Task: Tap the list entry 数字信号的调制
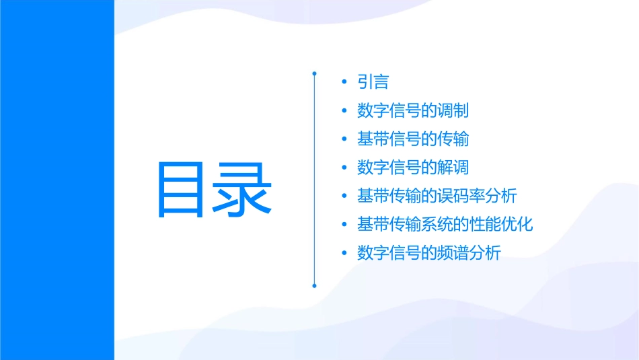pyautogui.click(x=413, y=111)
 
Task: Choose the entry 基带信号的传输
pyautogui.click(x=413, y=139)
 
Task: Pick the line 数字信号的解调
pyautogui.click(x=413, y=168)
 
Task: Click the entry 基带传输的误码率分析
pyautogui.click(x=437, y=196)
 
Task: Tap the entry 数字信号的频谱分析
pyautogui.click(x=428, y=253)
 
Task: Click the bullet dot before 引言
pyautogui.click(x=344, y=83)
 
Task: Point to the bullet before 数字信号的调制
pyautogui.click(x=344, y=111)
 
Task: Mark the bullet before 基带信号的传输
pyautogui.click(x=344, y=139)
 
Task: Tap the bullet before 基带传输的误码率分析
pyautogui.click(x=344, y=196)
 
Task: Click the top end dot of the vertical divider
pyautogui.click(x=314, y=72)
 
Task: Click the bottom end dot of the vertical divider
pyautogui.click(x=314, y=285)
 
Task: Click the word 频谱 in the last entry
pyautogui.click(x=453, y=253)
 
